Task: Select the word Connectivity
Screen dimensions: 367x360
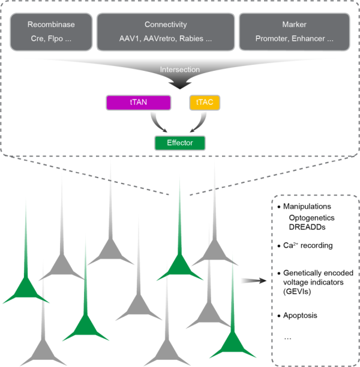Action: pos(165,25)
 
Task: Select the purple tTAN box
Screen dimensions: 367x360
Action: pos(138,103)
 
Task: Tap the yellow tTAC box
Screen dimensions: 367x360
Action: pos(205,103)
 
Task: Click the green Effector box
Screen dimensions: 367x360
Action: pos(179,143)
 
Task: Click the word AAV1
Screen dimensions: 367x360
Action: pos(130,38)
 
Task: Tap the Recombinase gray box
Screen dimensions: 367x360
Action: pos(50,31)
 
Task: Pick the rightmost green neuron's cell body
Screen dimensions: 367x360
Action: pos(233,344)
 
